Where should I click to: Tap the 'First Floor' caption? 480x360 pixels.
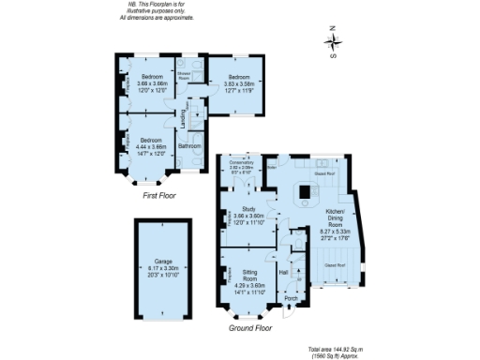point(161,197)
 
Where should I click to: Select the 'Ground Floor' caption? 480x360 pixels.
point(250,329)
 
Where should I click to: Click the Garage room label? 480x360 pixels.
point(162,262)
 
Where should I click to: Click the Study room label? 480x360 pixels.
point(249,209)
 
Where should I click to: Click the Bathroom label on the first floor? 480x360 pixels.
point(191,145)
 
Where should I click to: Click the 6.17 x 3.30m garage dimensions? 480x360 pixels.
point(162,270)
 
